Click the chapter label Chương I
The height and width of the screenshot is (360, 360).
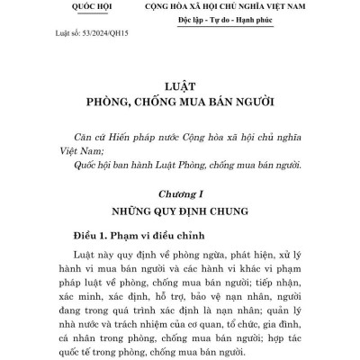coord(179,193)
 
